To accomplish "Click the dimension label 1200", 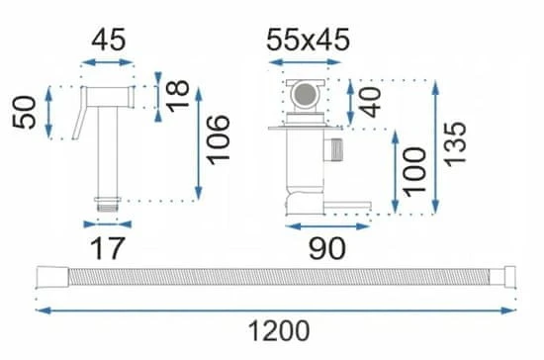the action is (279, 331).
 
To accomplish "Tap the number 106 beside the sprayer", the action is (218, 139).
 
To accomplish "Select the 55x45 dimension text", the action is (308, 40).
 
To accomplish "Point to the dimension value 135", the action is (455, 143).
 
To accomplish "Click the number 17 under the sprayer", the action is (107, 248).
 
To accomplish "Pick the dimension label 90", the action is (326, 248).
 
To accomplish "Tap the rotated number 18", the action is (178, 96).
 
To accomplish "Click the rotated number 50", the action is (25, 113).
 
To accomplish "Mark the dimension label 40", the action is (370, 102).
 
